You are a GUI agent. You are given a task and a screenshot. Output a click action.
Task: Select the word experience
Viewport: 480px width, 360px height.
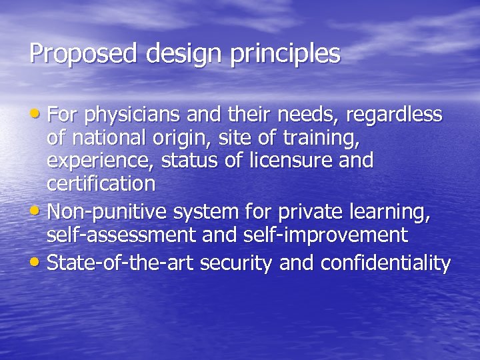93,162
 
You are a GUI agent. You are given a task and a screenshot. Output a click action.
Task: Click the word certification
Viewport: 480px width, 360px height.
101,185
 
